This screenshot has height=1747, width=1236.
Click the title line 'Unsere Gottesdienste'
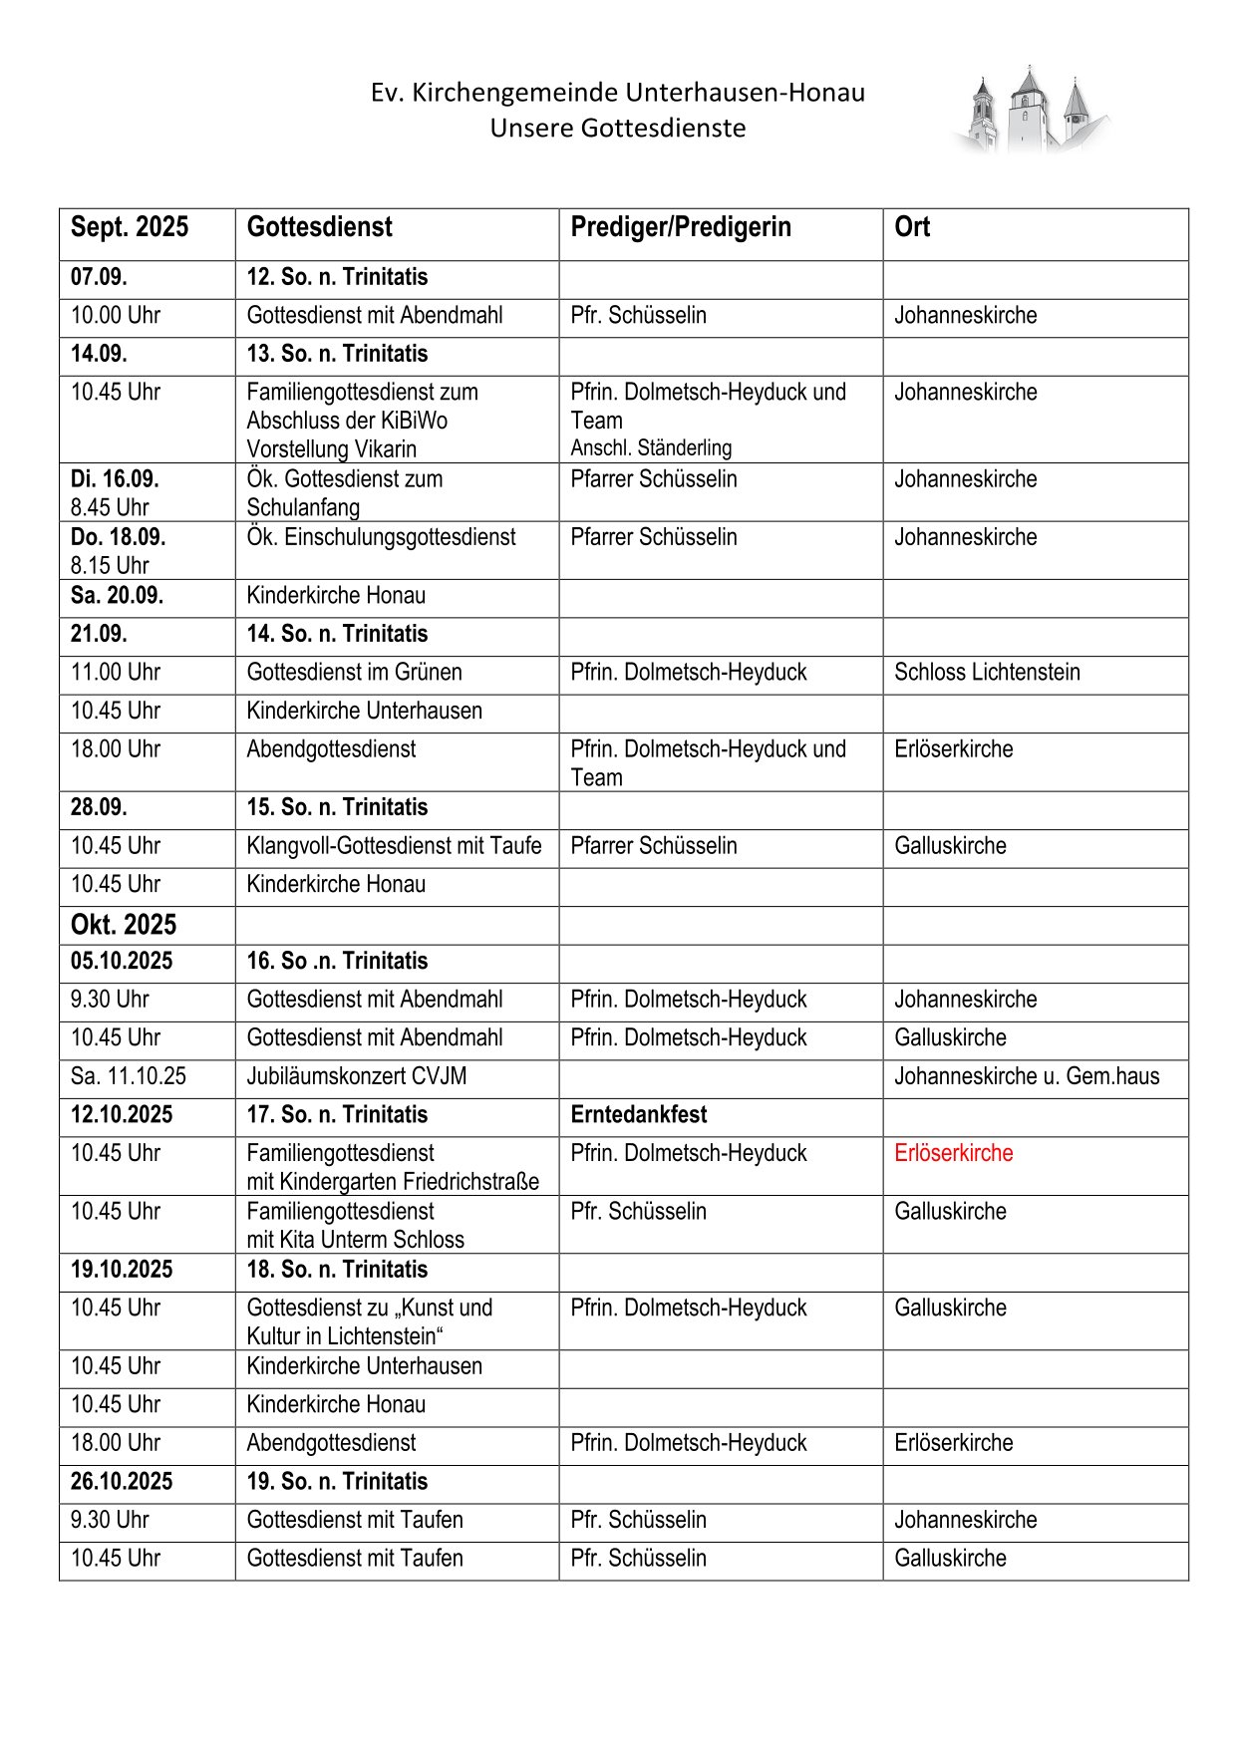click(x=617, y=129)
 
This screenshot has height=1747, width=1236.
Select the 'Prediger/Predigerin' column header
click(x=680, y=227)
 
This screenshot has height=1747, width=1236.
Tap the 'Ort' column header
click(x=911, y=227)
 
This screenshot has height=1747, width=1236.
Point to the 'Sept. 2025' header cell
click(x=129, y=227)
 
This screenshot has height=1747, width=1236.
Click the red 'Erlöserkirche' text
click(x=953, y=1153)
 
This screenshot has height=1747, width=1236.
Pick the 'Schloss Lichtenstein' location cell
click(x=986, y=673)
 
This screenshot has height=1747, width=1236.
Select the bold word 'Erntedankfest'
click(x=639, y=1115)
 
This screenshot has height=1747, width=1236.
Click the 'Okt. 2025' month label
click(x=123, y=925)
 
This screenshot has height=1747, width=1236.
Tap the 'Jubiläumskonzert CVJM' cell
click(x=356, y=1076)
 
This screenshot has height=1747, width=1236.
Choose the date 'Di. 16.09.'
click(x=114, y=479)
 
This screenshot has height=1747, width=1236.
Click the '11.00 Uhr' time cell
click(x=115, y=673)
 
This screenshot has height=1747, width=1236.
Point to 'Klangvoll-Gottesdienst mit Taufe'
click(x=394, y=846)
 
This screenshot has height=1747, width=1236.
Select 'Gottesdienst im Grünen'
click(x=354, y=673)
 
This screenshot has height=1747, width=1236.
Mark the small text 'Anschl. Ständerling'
click(x=651, y=448)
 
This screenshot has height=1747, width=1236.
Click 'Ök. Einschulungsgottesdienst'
click(x=381, y=537)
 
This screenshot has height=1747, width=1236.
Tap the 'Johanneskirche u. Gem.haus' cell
click(x=1026, y=1076)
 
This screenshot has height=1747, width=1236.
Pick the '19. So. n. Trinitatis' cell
click(x=337, y=1482)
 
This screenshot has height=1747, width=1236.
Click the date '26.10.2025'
click(x=121, y=1482)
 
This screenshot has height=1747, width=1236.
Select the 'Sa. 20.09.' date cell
click(x=117, y=596)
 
